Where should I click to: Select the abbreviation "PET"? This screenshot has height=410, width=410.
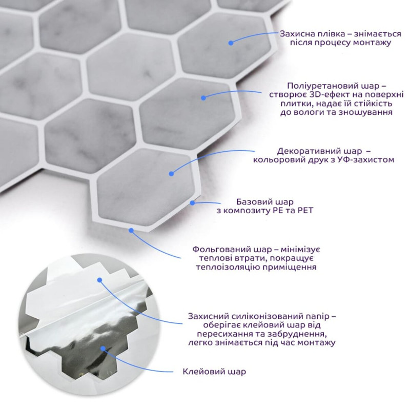305,211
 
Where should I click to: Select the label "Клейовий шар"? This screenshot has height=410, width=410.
214,372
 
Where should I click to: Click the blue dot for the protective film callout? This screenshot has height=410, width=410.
231,43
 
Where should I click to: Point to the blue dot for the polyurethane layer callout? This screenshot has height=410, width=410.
203,98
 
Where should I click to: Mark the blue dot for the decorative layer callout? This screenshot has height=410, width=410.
171,174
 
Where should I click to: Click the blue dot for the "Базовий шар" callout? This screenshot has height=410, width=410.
192,202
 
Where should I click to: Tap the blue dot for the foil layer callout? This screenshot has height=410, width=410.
131,230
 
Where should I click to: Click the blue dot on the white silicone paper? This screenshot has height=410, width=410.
99,280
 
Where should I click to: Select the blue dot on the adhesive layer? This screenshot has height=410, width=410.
103,348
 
